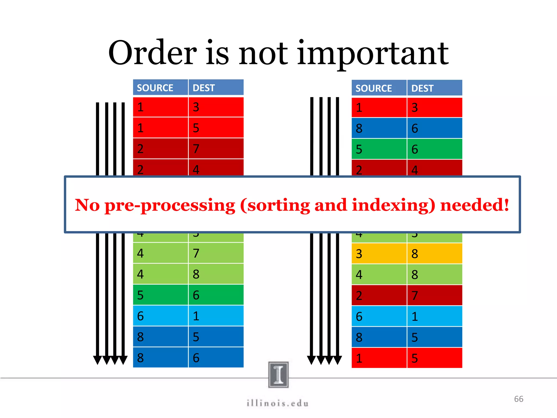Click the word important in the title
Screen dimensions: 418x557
click(373, 54)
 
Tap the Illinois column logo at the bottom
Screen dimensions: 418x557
click(278, 374)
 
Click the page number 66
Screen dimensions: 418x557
click(519, 399)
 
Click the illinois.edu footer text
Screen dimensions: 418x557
click(278, 403)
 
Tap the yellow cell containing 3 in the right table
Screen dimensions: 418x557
click(379, 254)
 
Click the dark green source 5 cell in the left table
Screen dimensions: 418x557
click(160, 295)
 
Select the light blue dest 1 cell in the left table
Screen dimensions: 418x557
click(216, 316)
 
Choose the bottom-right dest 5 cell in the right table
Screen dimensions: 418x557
click(434, 358)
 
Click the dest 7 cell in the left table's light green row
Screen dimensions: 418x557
click(216, 253)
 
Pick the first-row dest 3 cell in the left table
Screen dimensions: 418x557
click(216, 107)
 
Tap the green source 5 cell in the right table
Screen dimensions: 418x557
click(379, 149)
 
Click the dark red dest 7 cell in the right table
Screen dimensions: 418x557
click(434, 296)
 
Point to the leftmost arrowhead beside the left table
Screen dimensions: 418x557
click(97, 360)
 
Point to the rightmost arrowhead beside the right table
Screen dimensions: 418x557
click(338, 360)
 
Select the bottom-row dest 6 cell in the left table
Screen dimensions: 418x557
click(216, 358)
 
